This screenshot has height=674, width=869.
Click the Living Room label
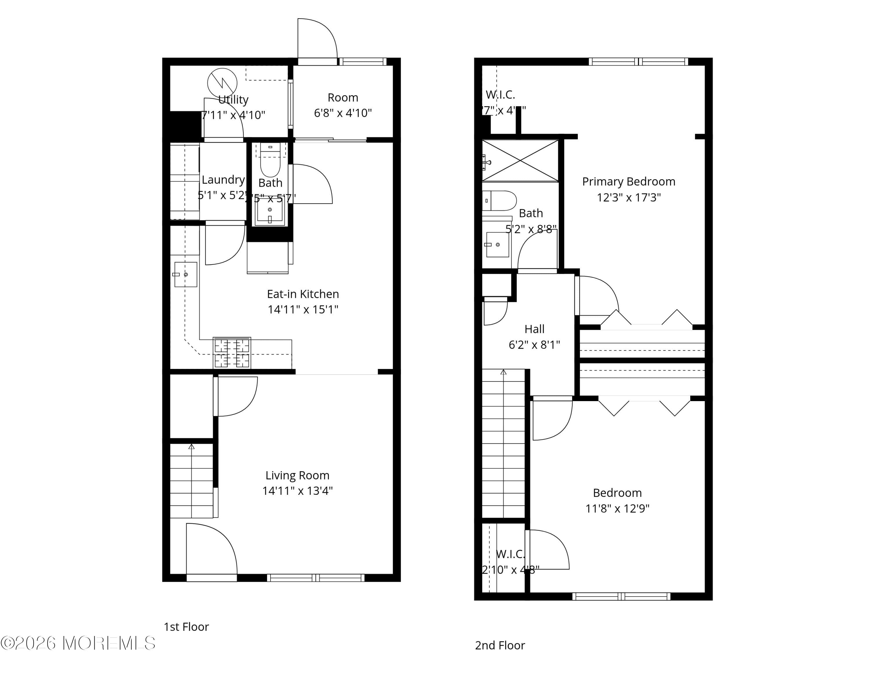[297, 475]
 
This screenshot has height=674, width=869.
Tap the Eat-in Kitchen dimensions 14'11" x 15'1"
[303, 309]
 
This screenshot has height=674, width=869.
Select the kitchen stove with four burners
[232, 353]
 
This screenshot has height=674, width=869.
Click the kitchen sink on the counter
[185, 274]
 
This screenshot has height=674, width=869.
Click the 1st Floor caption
[186, 627]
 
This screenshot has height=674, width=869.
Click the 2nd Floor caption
[500, 645]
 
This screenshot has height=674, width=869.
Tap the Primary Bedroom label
[628, 182]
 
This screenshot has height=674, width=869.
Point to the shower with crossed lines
[520, 161]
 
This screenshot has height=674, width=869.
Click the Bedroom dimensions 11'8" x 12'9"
[617, 509]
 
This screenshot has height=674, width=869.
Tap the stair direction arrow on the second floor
[503, 372]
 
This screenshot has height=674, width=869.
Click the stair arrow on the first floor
[191, 447]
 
